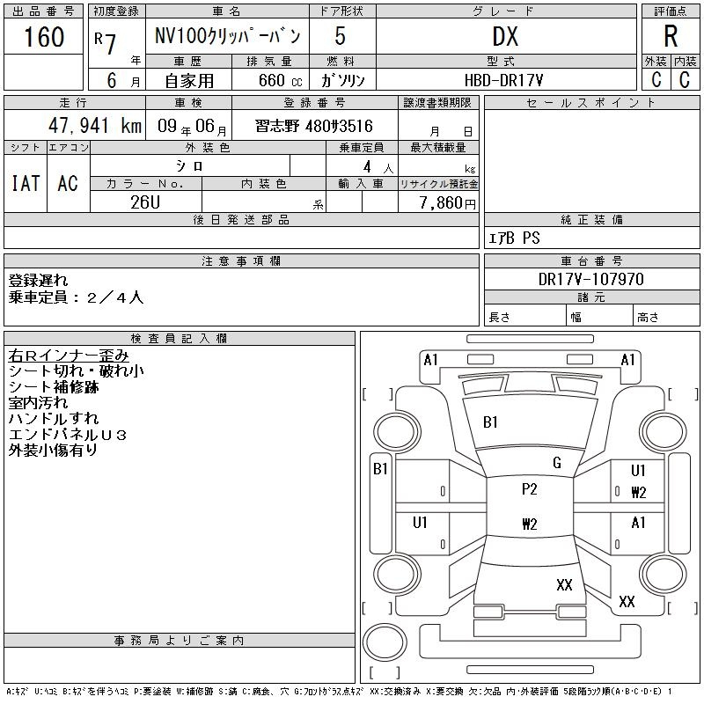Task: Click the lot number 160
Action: pyautogui.click(x=44, y=36)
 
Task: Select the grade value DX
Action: pyautogui.click(x=505, y=36)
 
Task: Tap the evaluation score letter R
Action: pyautogui.click(x=671, y=36)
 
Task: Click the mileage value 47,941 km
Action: pyautogui.click(x=95, y=125)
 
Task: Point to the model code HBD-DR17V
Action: pyautogui.click(x=503, y=80)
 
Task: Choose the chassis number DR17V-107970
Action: pyautogui.click(x=590, y=279)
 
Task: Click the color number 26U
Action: pyautogui.click(x=145, y=202)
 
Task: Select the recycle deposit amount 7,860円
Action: pyautogui.click(x=447, y=202)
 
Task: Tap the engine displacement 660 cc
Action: pyautogui.click(x=280, y=80)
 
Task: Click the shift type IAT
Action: pyautogui.click(x=26, y=183)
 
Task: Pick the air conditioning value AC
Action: pyautogui.click(x=68, y=183)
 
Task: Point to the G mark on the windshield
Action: pyautogui.click(x=557, y=463)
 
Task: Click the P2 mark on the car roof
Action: pyautogui.click(x=530, y=488)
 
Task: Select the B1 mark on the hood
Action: pyautogui.click(x=490, y=422)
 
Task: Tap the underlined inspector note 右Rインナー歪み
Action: pyautogui.click(x=69, y=356)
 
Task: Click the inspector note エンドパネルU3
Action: pyautogui.click(x=68, y=435)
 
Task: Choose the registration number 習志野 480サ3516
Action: pyautogui.click(x=314, y=126)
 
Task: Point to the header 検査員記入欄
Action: pyautogui.click(x=179, y=338)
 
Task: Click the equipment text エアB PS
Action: pyautogui.click(x=514, y=238)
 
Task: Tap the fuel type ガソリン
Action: pyautogui.click(x=342, y=80)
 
